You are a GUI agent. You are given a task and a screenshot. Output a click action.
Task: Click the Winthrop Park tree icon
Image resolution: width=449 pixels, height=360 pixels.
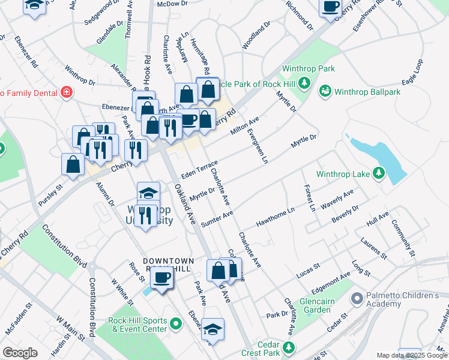(305, 82)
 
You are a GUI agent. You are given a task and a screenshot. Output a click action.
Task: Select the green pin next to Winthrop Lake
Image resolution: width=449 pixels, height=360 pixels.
(378, 174)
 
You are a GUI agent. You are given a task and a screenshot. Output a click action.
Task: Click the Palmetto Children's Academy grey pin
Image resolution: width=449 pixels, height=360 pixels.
(357, 298)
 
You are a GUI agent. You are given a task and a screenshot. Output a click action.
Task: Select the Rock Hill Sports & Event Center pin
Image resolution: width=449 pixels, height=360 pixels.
(176, 325)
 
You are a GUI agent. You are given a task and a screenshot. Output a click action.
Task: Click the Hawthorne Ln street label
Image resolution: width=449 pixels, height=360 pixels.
(276, 218)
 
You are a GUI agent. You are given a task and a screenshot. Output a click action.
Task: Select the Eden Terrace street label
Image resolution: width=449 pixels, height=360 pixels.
(199, 169)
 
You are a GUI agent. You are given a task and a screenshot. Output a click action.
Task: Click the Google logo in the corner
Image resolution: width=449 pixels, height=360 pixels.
(20, 353)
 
